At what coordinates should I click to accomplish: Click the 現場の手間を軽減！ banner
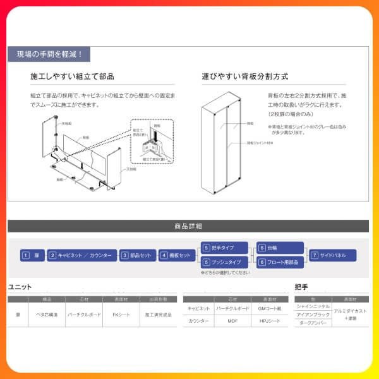tap(49, 55)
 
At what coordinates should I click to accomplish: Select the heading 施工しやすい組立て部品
tap(72, 76)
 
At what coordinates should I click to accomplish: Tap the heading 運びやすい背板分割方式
tap(245, 76)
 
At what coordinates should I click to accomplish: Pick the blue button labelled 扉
tap(32, 255)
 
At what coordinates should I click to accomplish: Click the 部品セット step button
tap(137, 255)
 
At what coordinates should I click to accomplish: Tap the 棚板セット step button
tap(176, 255)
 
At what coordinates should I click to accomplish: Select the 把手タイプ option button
tap(224, 248)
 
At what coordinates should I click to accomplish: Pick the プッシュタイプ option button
tap(224, 262)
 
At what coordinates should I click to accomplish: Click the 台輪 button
tap(280, 248)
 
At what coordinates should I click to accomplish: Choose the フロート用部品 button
tap(280, 262)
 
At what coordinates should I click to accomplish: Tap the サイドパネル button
tap(332, 255)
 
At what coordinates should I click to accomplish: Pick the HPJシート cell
tap(270, 321)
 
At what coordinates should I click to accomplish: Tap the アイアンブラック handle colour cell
tap(313, 315)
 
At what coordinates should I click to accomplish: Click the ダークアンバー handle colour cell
tap(313, 323)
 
